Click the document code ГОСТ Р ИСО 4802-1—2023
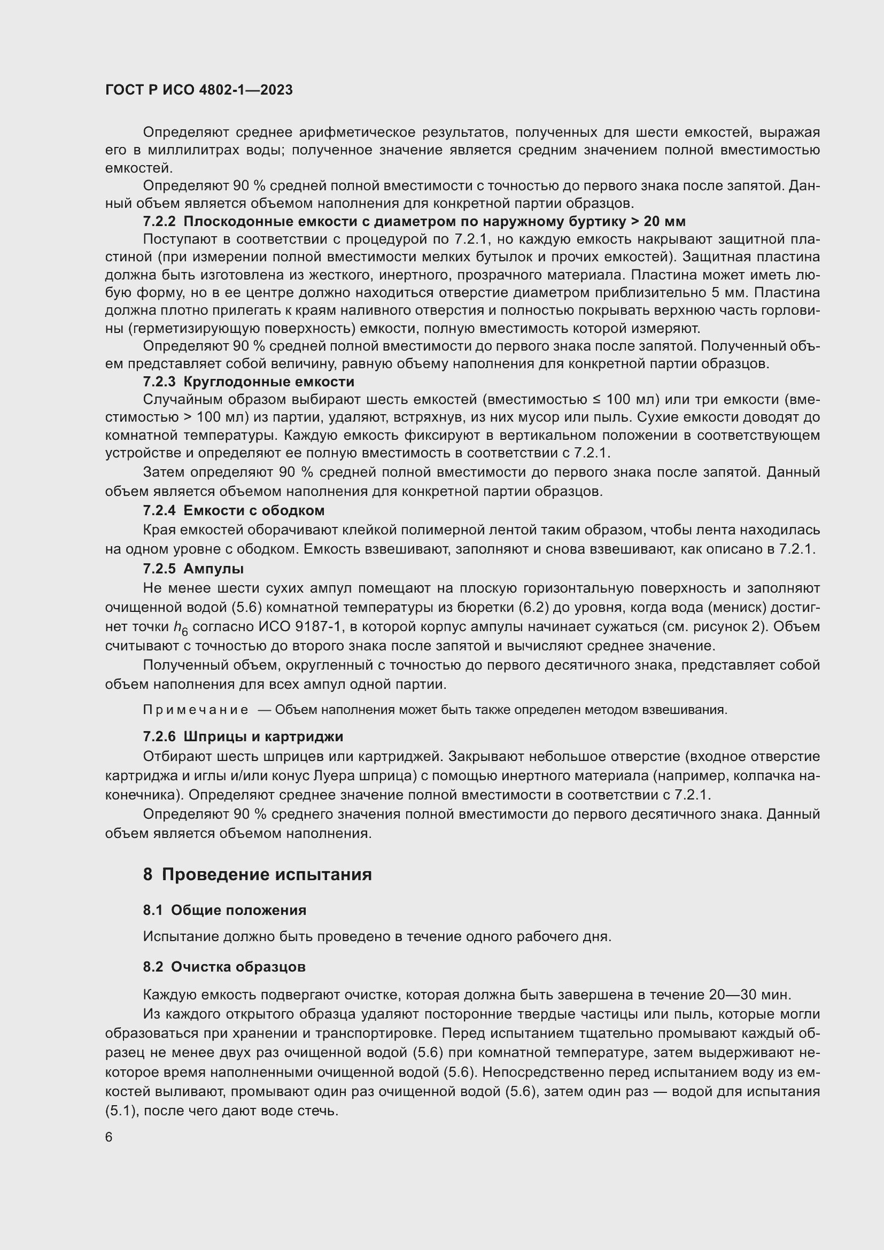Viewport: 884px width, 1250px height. tap(199, 90)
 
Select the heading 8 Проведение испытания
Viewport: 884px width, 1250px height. tap(258, 875)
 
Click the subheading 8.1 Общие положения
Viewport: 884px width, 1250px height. tap(224, 910)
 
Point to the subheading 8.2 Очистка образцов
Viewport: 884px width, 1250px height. tap(224, 967)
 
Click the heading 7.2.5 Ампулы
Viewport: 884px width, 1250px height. tap(193, 569)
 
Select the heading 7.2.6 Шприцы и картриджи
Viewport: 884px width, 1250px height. tap(243, 736)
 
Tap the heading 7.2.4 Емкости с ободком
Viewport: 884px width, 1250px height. tap(234, 510)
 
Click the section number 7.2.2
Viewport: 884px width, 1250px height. tap(159, 222)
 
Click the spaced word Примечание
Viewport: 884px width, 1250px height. tap(196, 710)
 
